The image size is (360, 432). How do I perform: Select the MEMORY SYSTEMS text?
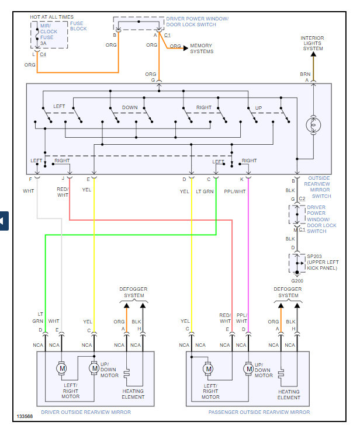tap(201, 48)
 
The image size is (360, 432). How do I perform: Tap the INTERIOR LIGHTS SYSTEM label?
tap(313, 44)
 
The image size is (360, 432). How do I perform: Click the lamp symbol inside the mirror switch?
tap(313, 124)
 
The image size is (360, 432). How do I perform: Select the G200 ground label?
tap(297, 280)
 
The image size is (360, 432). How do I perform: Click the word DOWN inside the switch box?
tap(130, 108)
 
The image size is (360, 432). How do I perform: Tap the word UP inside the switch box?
tap(258, 108)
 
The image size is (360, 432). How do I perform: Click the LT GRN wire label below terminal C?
tap(204, 191)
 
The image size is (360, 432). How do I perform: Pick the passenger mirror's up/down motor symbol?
tap(249, 369)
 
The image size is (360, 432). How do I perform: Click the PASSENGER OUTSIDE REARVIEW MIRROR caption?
tap(259, 412)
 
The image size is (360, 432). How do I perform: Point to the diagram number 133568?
tap(25, 417)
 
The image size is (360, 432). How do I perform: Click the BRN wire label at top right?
tap(305, 74)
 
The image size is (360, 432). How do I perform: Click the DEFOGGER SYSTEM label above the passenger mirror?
tap(288, 292)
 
